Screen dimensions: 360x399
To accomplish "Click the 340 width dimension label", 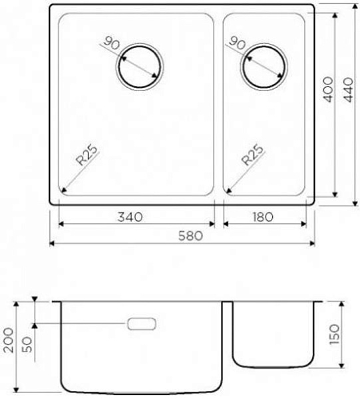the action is point(130,217).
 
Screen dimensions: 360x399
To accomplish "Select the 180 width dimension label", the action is point(263,217).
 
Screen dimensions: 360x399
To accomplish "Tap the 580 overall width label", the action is point(191,236).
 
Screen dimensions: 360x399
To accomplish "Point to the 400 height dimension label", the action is point(328,89).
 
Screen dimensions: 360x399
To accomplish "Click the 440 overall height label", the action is point(349,90).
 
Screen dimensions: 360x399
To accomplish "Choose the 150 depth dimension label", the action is point(335,334).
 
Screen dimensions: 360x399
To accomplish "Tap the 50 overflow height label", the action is point(28,344).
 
